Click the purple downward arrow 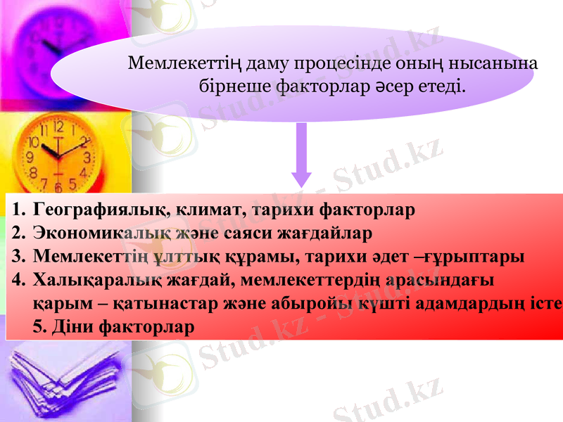tap(302, 155)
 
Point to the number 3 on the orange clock tap(87, 157)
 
